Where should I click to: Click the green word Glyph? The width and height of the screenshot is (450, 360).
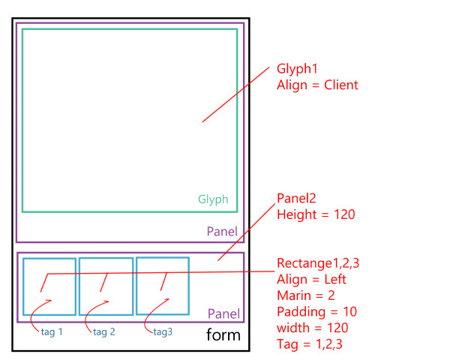click(x=213, y=200)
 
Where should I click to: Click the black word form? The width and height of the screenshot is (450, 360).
click(x=223, y=334)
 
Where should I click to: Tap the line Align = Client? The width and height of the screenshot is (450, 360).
click(x=317, y=85)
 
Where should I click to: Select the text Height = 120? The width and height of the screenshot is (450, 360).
click(x=315, y=214)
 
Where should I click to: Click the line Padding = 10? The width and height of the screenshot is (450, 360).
click(x=316, y=311)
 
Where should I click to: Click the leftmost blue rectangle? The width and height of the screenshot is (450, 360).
click(x=49, y=286)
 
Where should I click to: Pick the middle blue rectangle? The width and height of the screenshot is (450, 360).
click(x=106, y=286)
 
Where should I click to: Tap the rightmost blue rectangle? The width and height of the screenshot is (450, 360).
click(x=163, y=286)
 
